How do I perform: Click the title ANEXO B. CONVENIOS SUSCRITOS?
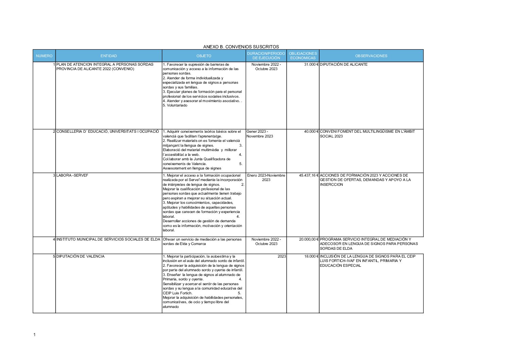241,47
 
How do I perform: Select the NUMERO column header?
44,56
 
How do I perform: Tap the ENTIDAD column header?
108,56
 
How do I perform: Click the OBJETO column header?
204,56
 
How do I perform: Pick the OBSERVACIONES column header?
371,56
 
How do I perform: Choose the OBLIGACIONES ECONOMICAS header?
303,56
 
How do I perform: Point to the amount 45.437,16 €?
309,175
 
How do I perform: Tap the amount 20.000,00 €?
309,239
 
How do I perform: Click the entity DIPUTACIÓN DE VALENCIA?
80,256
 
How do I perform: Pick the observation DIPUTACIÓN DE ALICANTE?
343,64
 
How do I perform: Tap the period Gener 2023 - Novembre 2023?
259,134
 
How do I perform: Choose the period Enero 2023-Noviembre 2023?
266,178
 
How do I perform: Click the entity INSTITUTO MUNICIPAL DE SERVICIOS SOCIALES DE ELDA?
108,239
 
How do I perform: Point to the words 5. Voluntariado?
175,105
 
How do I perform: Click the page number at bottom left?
34,335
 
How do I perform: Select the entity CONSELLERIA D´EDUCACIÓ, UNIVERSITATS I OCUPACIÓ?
107,131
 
